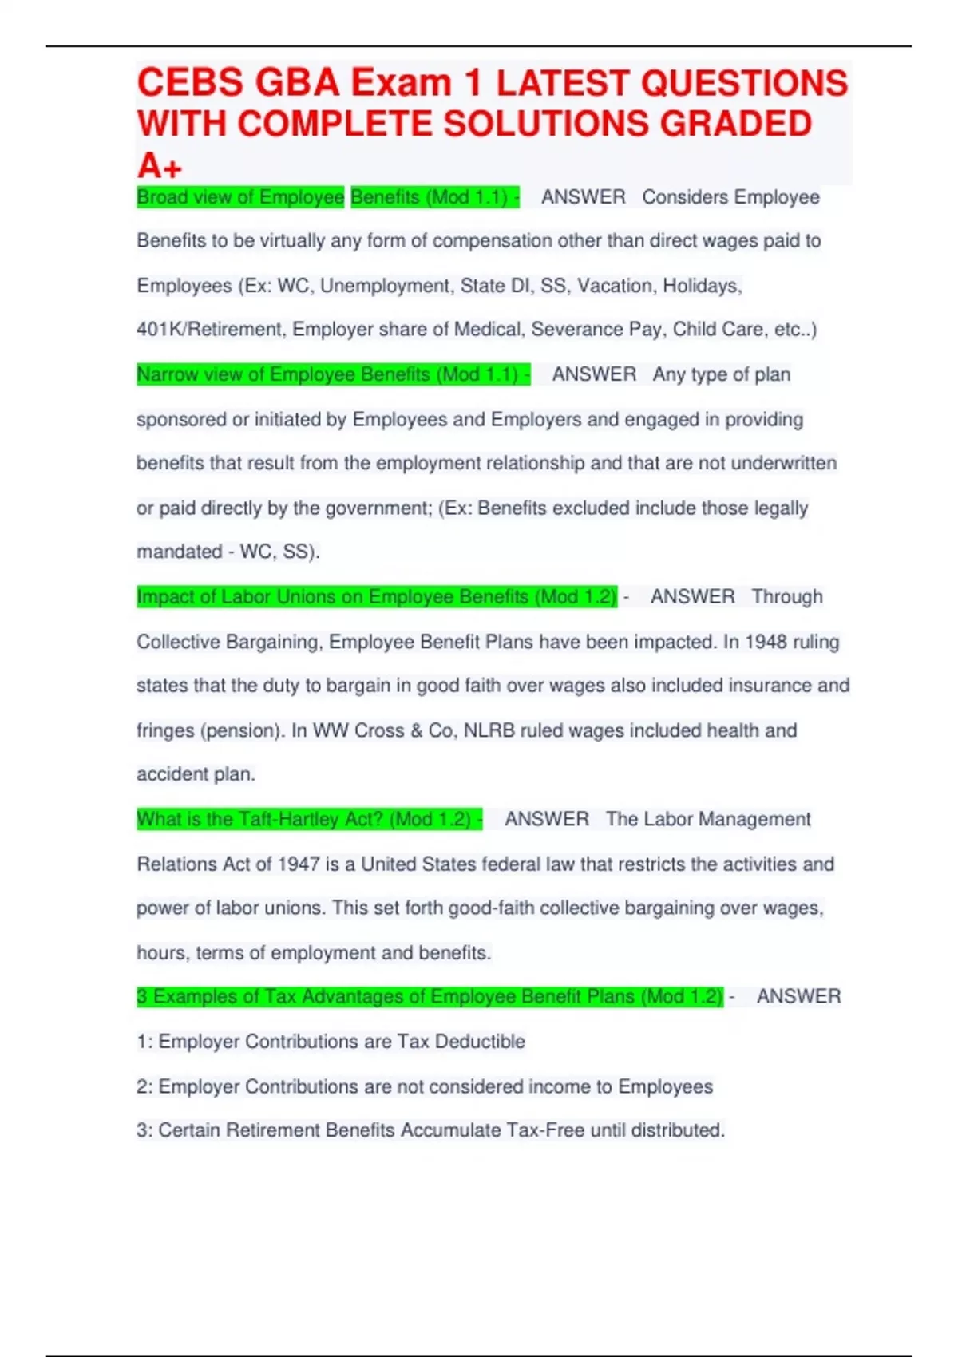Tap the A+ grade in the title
(x=160, y=166)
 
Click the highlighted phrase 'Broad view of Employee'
(x=240, y=197)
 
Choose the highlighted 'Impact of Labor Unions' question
(x=376, y=597)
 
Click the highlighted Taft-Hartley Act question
(x=309, y=820)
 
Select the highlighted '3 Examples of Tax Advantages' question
(x=430, y=997)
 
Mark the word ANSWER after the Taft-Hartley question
(x=547, y=820)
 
